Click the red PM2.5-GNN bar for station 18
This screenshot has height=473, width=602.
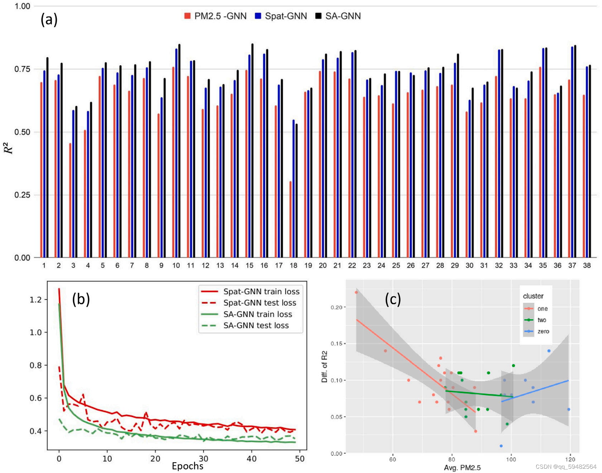(290, 219)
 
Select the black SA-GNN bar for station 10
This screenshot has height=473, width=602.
(179, 150)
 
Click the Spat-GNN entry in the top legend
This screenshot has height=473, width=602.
(281, 16)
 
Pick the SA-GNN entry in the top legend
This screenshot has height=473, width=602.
(338, 16)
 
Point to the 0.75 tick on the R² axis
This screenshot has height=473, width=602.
(22, 69)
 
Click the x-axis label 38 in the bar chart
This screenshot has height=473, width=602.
(587, 266)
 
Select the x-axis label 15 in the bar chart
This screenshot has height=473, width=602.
(249, 266)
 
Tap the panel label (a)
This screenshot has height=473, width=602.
(49, 20)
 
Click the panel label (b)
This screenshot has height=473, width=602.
(81, 299)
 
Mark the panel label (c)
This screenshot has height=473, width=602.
(393, 299)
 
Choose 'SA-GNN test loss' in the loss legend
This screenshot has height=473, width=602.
(256, 325)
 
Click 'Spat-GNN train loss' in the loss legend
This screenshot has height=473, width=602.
(261, 292)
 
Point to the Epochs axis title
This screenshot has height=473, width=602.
(187, 466)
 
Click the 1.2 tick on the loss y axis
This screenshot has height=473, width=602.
(35, 300)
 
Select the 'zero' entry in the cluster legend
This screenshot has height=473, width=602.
(543, 331)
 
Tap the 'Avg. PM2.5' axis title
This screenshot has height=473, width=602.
(462, 468)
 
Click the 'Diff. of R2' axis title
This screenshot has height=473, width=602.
(324, 367)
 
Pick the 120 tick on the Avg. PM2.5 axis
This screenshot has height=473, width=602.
(570, 459)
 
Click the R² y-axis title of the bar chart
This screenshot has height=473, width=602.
(9, 148)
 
